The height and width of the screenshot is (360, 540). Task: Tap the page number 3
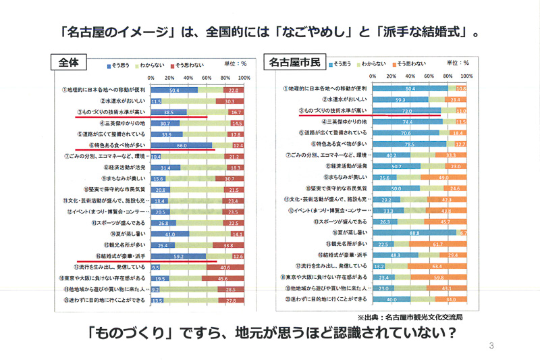coord(491,346)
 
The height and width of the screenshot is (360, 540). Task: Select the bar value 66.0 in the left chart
coord(182,145)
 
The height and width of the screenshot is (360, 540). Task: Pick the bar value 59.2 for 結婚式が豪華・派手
coord(179,256)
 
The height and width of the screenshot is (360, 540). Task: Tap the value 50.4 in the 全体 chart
coord(174,90)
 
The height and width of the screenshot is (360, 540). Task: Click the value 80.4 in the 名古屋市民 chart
coord(408,88)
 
